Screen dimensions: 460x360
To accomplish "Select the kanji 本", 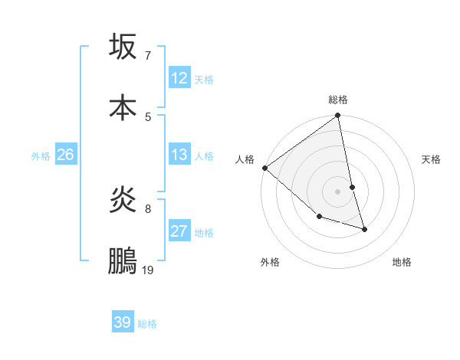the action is tap(123, 106).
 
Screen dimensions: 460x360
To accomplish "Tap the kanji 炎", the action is tap(123, 200).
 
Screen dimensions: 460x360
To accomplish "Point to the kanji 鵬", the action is tap(123, 260).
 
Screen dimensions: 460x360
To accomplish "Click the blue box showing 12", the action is tap(179, 78).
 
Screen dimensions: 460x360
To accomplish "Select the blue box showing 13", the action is tap(179, 155).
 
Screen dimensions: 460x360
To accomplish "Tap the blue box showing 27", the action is tap(179, 231).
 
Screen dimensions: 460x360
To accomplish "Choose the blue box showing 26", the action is tap(66, 155).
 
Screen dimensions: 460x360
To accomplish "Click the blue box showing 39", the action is tap(123, 322).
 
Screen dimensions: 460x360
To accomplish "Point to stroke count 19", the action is tap(148, 270).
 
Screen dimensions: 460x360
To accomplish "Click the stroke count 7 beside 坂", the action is tap(148, 55).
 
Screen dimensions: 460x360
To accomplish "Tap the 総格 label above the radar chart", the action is tap(338, 100).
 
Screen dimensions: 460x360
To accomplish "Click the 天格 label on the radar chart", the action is tap(432, 159).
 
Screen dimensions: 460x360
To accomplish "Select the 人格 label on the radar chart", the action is tap(245, 159).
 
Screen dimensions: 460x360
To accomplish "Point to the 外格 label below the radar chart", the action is tap(270, 262).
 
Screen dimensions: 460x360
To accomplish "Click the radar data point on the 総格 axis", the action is tap(338, 116).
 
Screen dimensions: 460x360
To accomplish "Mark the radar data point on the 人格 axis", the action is tap(265, 168).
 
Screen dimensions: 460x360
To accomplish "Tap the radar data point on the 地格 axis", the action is tap(364, 228).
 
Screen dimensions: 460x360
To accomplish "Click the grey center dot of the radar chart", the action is tap(338, 191).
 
